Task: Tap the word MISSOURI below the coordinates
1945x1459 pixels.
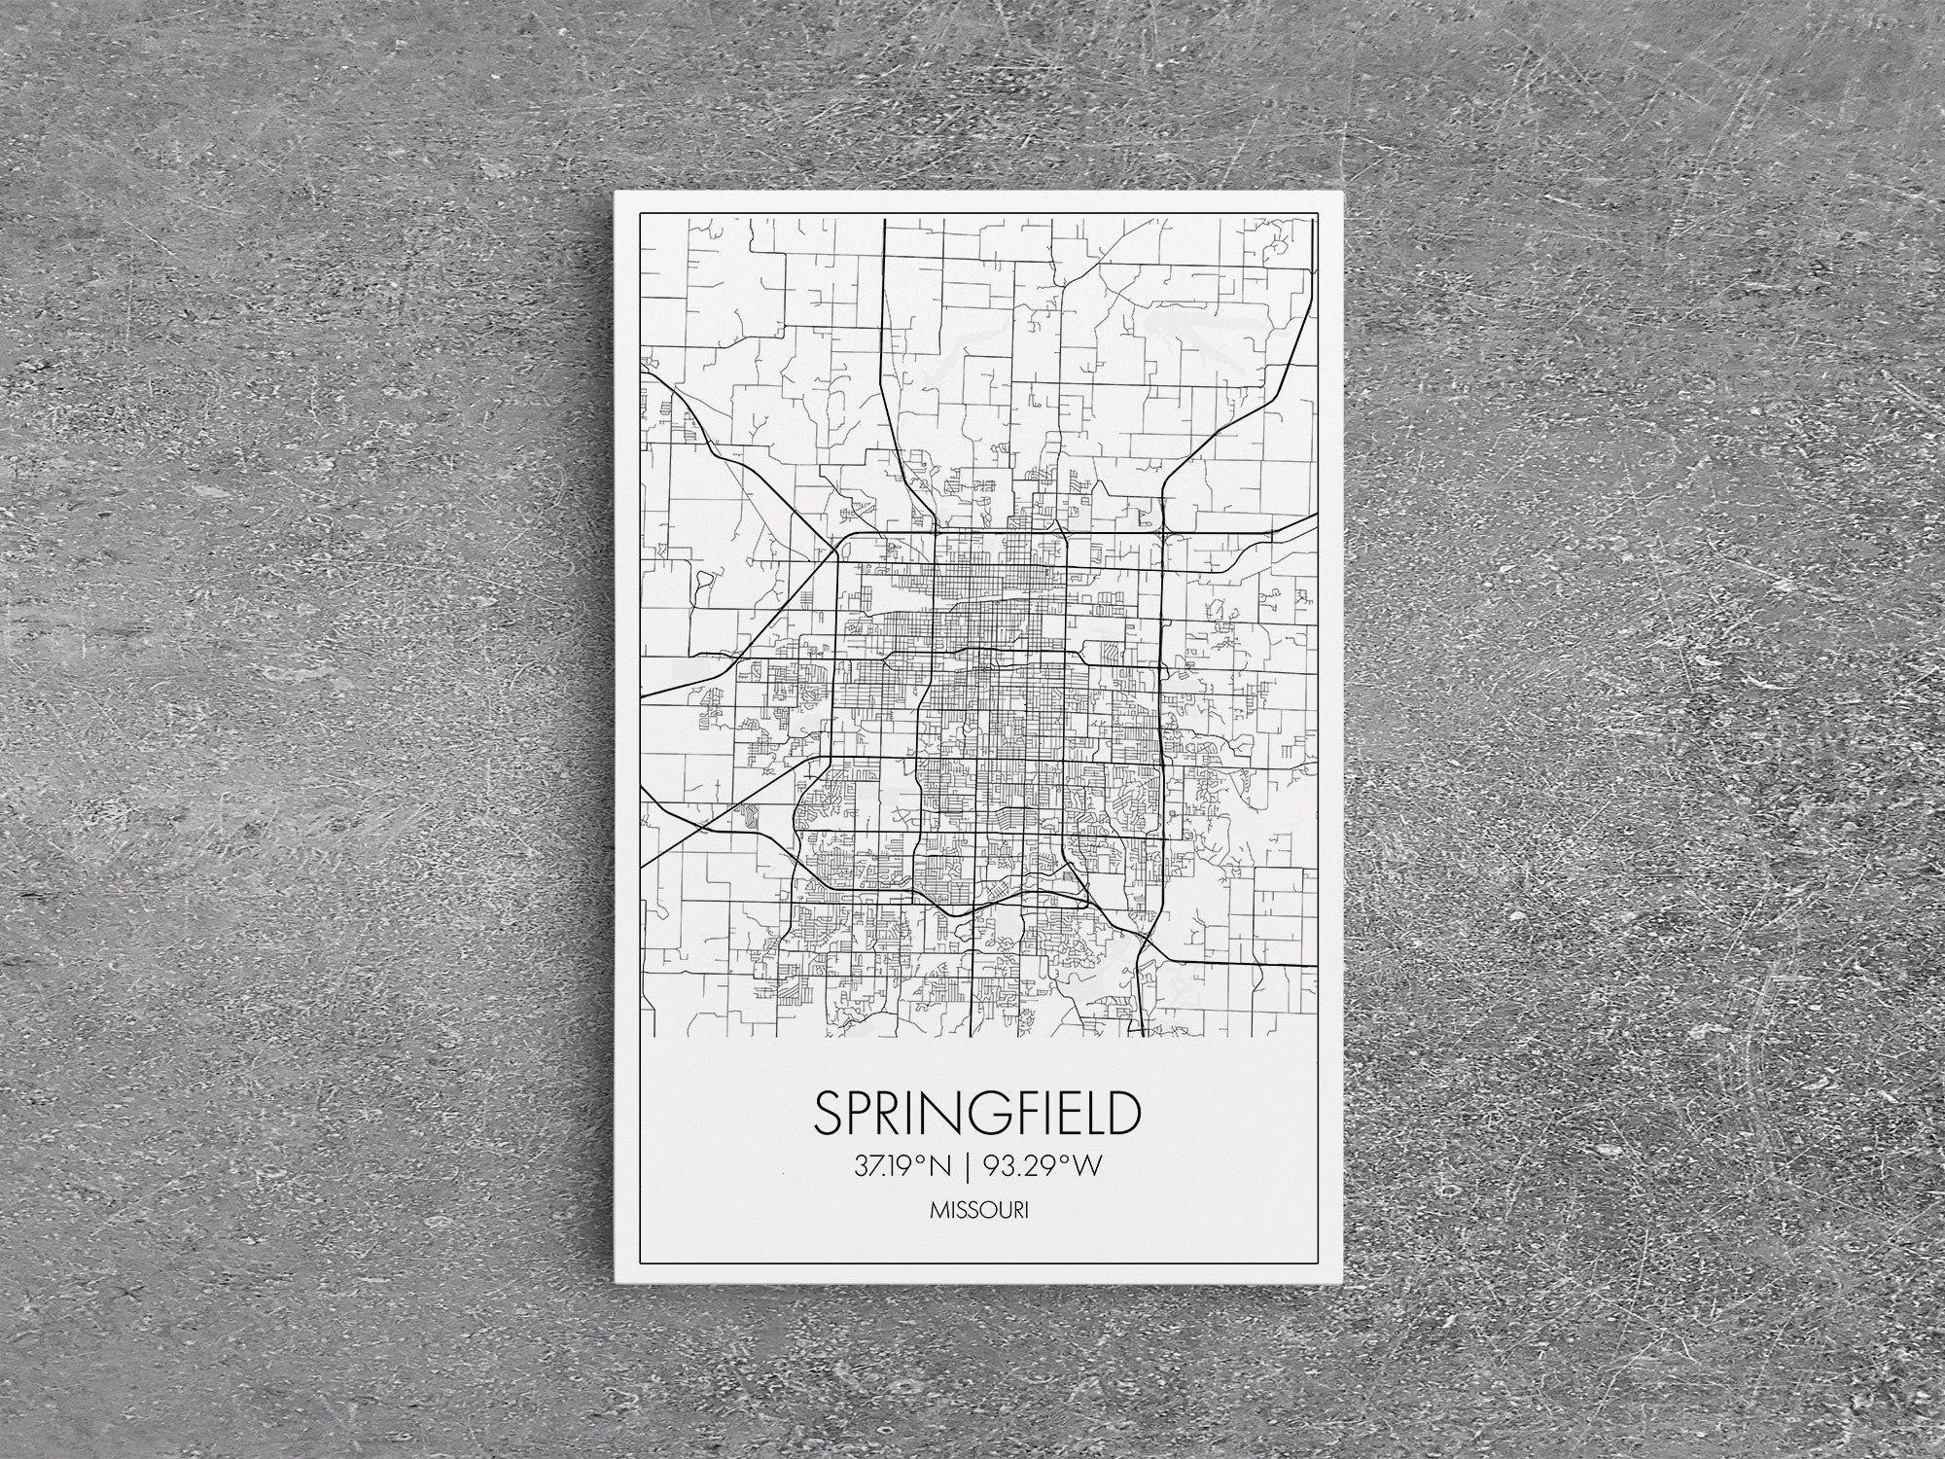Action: click(979, 1212)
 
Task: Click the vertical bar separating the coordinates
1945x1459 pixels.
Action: click(967, 1166)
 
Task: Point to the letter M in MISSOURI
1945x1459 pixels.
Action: click(938, 1212)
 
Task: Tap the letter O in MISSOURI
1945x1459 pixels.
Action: click(984, 1212)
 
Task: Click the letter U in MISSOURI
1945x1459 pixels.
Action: click(1000, 1212)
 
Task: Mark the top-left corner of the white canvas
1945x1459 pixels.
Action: click(616, 193)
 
